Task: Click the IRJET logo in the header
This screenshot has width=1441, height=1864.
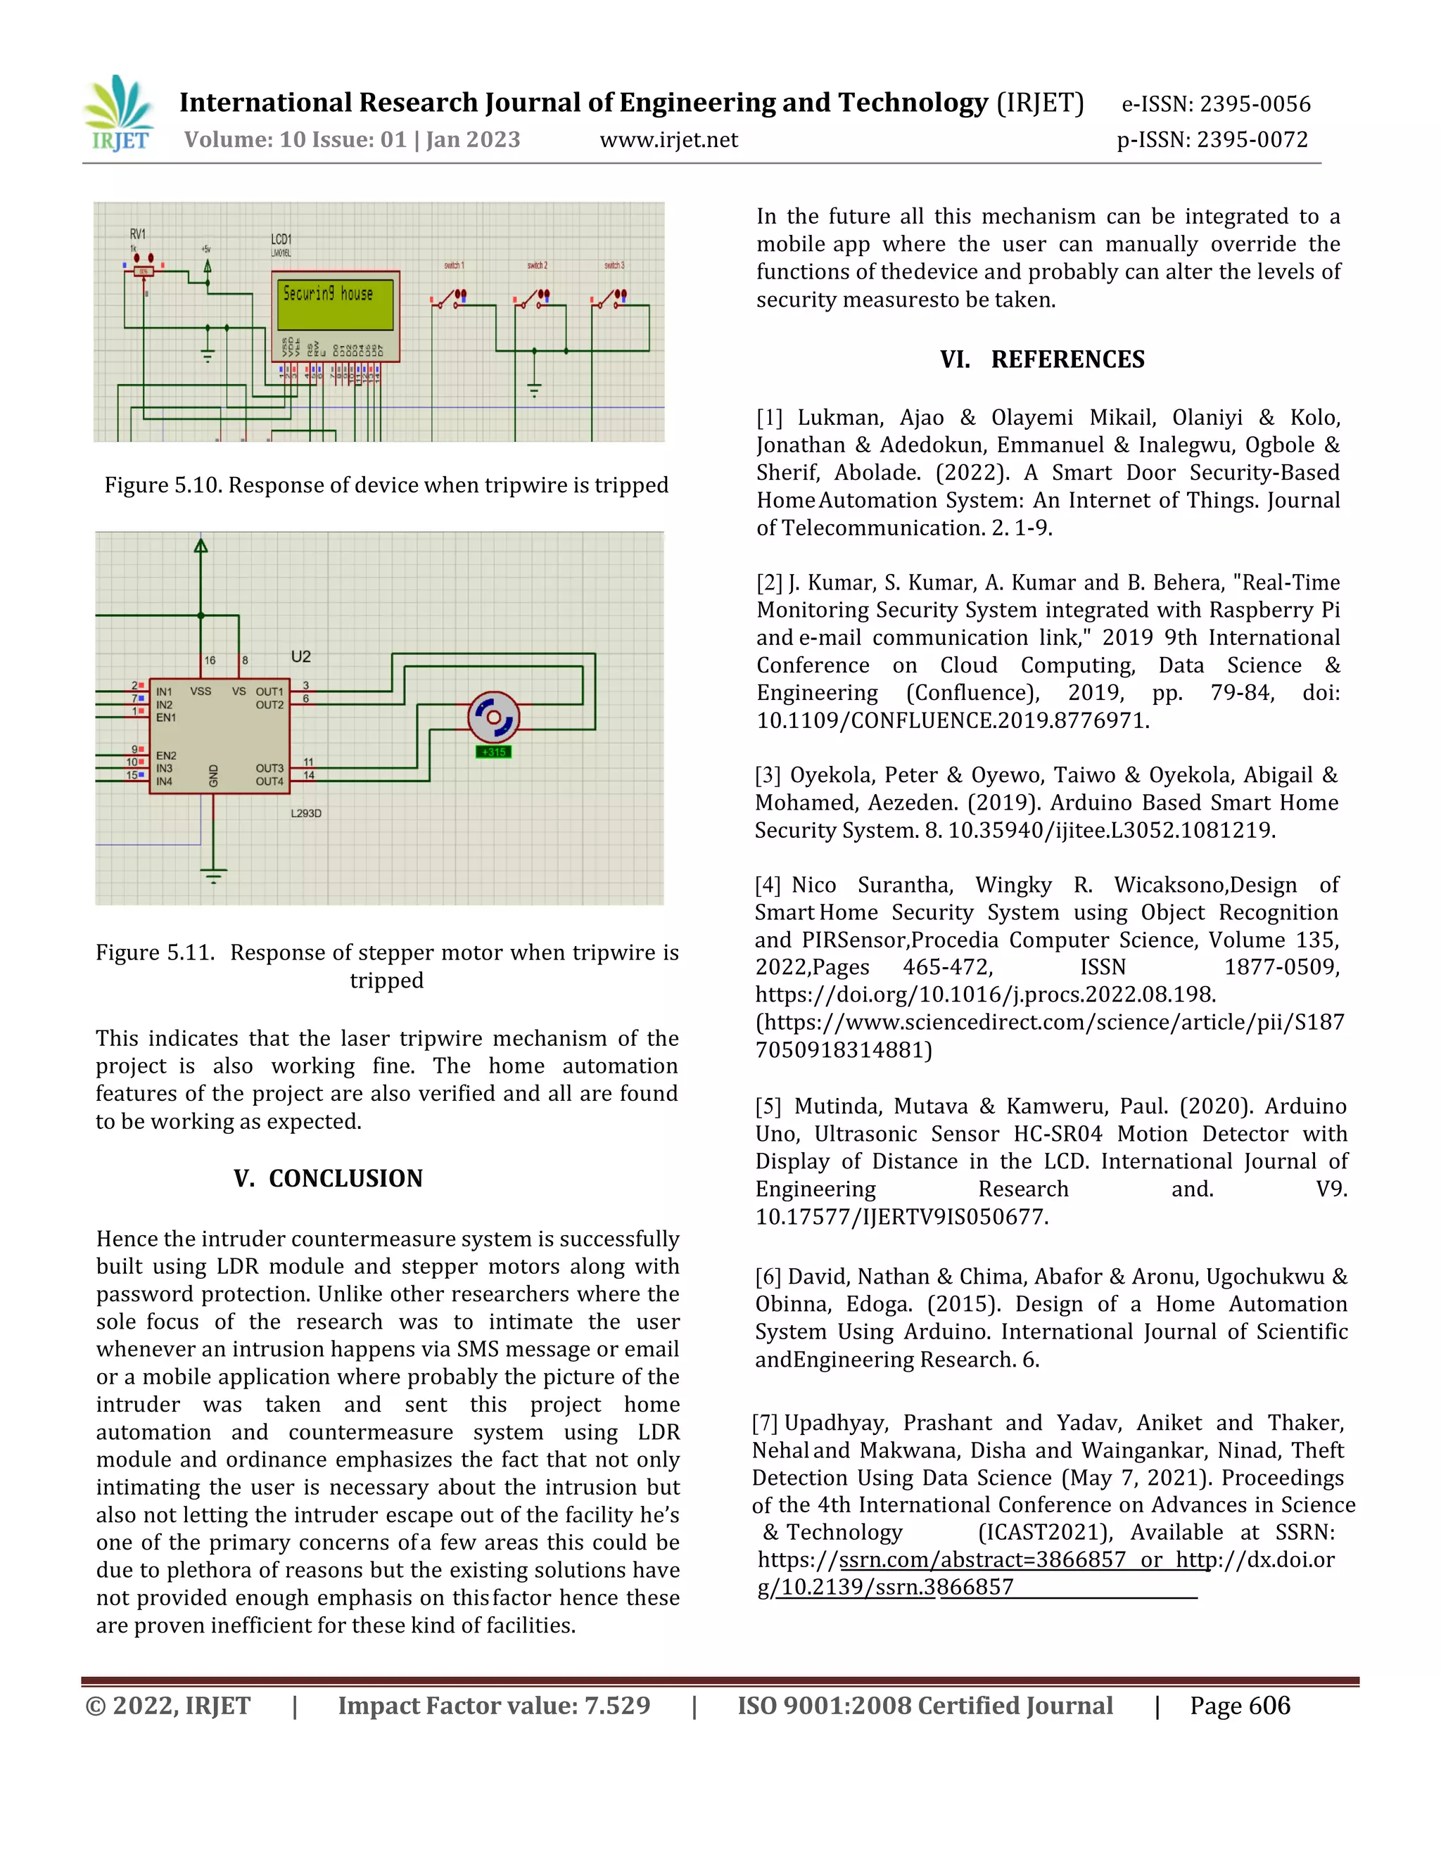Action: tap(120, 113)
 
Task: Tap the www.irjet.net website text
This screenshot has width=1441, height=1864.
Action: tap(668, 140)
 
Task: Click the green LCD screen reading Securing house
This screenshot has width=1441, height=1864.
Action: tap(335, 303)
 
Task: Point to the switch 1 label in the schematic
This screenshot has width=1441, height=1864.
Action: tap(454, 265)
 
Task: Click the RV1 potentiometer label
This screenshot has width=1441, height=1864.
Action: tap(137, 234)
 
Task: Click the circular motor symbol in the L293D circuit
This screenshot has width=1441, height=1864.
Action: tap(493, 717)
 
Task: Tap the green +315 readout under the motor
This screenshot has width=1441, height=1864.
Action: tap(493, 752)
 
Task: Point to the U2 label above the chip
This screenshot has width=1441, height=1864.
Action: tap(300, 656)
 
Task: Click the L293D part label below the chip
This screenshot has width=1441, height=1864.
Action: tap(305, 813)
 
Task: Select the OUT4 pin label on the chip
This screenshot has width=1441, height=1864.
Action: tap(269, 781)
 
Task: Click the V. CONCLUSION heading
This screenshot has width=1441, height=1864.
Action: tap(329, 1179)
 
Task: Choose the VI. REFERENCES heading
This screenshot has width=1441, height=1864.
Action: tap(1041, 359)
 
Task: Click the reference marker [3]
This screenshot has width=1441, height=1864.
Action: tap(768, 775)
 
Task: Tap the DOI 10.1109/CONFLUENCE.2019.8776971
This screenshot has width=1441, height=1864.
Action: tap(953, 720)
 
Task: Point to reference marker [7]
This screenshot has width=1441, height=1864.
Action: tap(764, 1423)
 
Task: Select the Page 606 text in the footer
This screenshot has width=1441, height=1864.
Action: tap(1240, 1706)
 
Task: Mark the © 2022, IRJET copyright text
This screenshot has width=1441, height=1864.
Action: tap(168, 1706)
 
